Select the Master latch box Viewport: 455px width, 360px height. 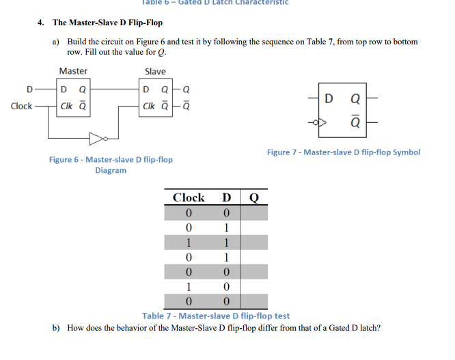point(73,98)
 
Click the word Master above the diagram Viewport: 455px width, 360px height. point(73,71)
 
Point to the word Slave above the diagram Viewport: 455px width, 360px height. point(155,71)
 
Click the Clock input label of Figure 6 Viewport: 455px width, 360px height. point(21,106)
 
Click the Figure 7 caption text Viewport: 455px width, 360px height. point(343,152)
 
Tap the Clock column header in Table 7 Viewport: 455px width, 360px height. point(189,197)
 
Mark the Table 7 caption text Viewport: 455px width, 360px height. point(216,316)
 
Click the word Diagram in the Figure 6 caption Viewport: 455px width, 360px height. point(111,170)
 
